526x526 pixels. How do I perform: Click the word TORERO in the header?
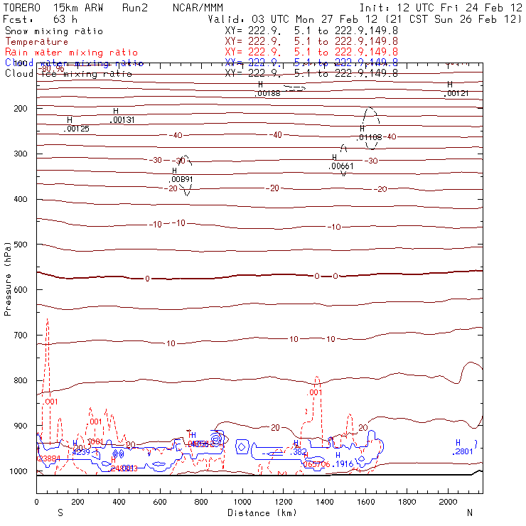coord(22,7)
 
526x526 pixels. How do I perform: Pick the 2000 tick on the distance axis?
coord(449,502)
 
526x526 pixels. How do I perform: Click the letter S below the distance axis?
coord(60,512)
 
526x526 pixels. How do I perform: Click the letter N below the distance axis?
coord(470,512)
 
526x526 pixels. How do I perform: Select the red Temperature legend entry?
coord(36,42)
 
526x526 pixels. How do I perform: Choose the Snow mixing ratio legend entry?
coord(53,31)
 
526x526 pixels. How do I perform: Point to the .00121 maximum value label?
coord(456,94)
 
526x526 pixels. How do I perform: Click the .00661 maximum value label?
coord(341,166)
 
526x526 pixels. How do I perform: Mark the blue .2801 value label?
coord(463,451)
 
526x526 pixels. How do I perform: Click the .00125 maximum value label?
coord(76,129)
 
